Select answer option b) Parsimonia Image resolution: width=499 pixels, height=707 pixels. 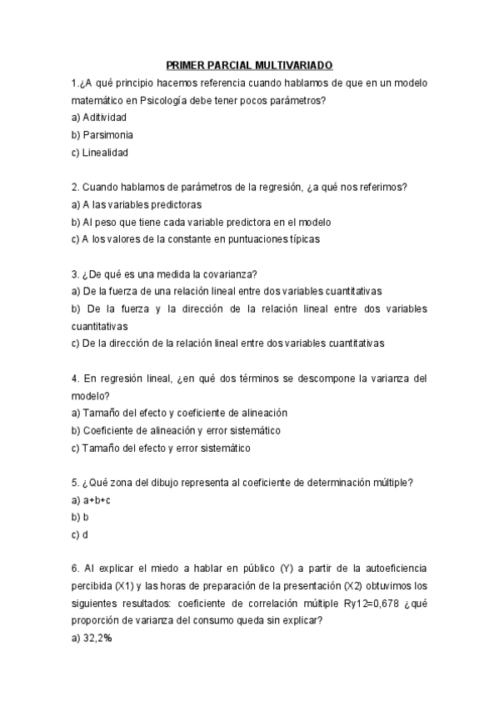pos(102,134)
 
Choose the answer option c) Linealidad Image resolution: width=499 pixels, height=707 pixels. pos(100,153)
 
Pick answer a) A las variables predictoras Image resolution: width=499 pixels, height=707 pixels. pos(137,204)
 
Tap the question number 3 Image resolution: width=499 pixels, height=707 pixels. pos(75,273)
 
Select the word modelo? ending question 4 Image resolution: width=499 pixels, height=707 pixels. pos(90,395)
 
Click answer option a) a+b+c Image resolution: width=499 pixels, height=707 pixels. pos(92,500)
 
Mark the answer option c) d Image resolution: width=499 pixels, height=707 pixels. pos(80,534)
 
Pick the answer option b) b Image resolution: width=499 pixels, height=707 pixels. pos(80,517)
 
